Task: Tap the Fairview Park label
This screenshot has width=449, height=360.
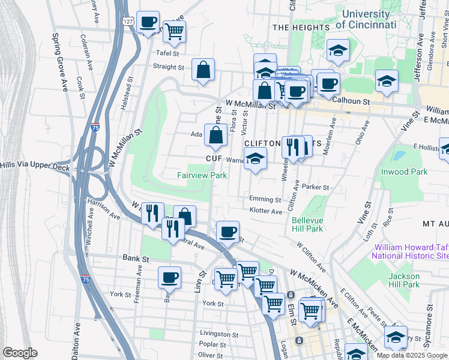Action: (x=202, y=175)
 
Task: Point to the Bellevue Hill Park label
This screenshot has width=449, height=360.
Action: (x=307, y=224)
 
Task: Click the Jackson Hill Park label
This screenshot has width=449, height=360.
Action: (x=403, y=280)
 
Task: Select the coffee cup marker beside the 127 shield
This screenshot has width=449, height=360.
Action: (x=148, y=23)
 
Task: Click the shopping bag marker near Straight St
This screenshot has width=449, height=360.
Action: (x=203, y=70)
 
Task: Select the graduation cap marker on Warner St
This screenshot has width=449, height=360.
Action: (x=255, y=159)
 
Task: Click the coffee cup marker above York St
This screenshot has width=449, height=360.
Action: (x=169, y=277)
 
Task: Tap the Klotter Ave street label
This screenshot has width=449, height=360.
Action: (x=265, y=211)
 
